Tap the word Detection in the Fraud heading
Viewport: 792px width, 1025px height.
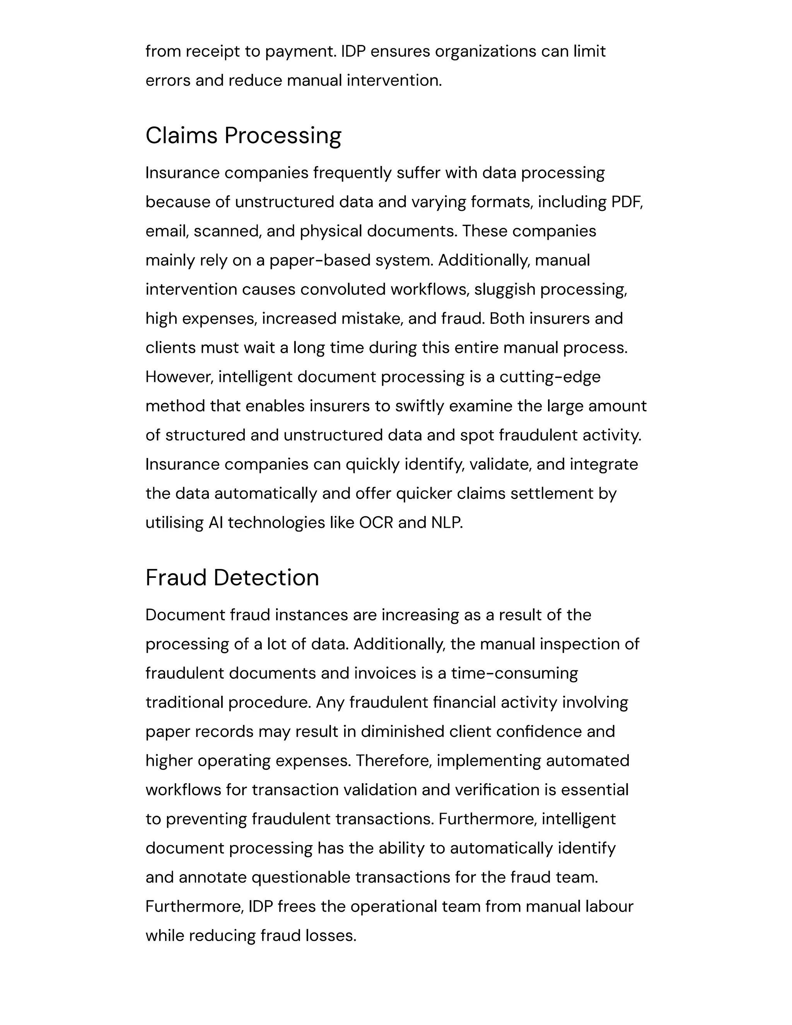point(266,578)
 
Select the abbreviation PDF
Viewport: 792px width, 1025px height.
point(626,202)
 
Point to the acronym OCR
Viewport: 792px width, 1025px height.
point(376,523)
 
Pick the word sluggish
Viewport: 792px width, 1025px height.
point(505,290)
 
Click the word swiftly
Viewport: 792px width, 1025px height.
point(420,407)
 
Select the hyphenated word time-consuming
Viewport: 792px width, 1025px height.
point(514,673)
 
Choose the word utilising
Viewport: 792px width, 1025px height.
point(174,523)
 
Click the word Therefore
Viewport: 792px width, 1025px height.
point(393,761)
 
